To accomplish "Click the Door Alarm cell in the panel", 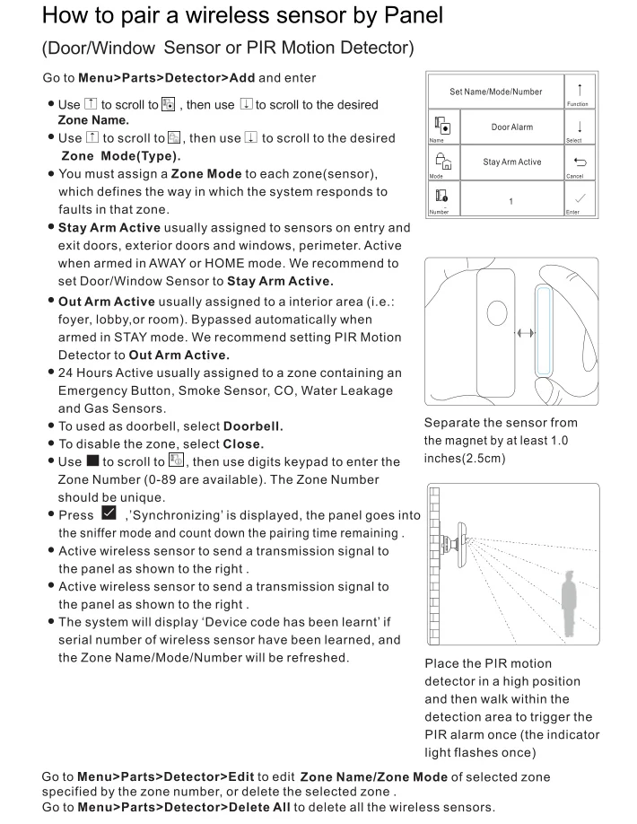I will click(x=511, y=127).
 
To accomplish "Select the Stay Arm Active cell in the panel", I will click(x=511, y=162).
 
